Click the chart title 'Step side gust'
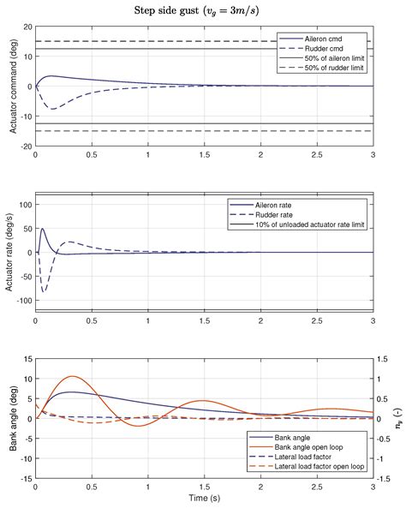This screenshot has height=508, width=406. coord(203,10)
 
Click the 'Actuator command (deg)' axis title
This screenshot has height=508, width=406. coord(10,86)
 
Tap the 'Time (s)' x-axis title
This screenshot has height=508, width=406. coord(203,498)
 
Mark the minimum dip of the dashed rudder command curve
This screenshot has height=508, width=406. coord(53,109)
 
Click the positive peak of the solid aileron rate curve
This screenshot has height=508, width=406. coord(43,228)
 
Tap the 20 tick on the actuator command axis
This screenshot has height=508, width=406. coord(27,27)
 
